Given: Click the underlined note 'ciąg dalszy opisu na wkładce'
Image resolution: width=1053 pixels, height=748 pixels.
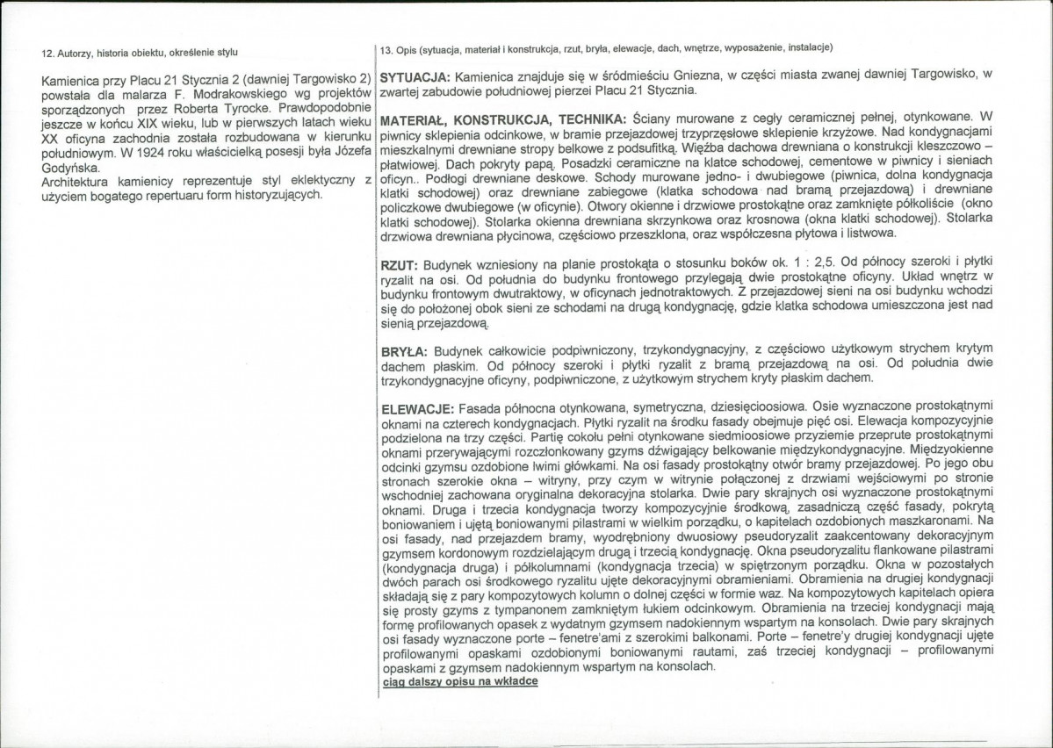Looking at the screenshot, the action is pos(460,681).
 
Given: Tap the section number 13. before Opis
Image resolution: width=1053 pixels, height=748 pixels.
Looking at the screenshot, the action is pos(386,47).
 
